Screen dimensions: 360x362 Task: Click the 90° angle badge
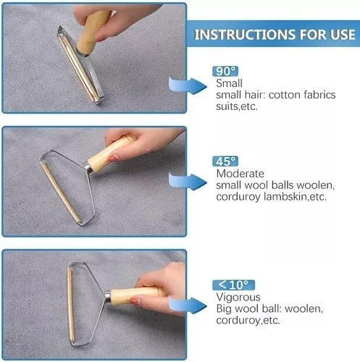coord(225,71)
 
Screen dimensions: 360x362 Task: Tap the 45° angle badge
coord(225,161)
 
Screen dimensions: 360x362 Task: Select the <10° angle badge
coord(233,285)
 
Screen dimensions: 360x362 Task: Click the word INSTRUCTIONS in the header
coord(245,34)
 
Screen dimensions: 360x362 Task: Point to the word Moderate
coord(240,174)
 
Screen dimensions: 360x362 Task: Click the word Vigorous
coord(238,297)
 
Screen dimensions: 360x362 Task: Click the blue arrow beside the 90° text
coord(188,85)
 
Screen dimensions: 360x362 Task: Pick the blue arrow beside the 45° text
coord(188,182)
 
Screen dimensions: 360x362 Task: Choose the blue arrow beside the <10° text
coord(188,306)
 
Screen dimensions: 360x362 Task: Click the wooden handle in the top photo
coord(93,30)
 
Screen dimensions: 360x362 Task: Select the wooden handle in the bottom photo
coord(135,295)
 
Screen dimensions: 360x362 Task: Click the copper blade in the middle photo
coord(60,193)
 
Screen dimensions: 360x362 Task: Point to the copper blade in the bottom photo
coord(70,305)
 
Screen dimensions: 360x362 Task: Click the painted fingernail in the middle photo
coord(112,159)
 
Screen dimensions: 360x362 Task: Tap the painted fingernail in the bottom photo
coord(135,301)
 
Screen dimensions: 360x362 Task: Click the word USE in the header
coord(343,34)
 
